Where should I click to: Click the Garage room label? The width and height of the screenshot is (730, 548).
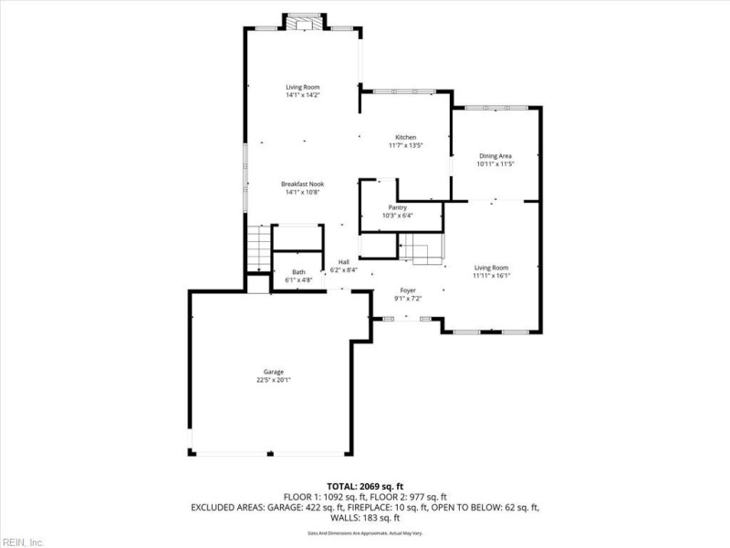(274, 372)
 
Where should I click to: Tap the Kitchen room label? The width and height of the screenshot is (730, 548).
(404, 137)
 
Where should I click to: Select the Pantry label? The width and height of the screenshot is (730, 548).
(398, 207)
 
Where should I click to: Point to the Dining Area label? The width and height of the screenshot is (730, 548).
(495, 156)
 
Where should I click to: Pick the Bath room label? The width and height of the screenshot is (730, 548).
(299, 272)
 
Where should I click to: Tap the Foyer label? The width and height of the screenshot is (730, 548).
(407, 290)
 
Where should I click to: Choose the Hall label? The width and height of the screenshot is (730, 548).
(344, 262)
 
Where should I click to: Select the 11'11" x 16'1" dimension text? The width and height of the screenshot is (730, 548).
(491, 276)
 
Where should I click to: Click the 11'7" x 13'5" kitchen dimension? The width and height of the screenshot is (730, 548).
(405, 145)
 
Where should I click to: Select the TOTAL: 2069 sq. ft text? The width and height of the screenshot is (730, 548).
(365, 486)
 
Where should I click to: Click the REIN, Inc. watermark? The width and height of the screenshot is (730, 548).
(25, 542)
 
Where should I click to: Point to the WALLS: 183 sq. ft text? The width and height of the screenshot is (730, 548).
(365, 517)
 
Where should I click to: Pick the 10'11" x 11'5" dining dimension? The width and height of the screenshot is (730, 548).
(495, 164)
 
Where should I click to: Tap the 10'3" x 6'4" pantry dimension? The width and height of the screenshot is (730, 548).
(398, 216)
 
